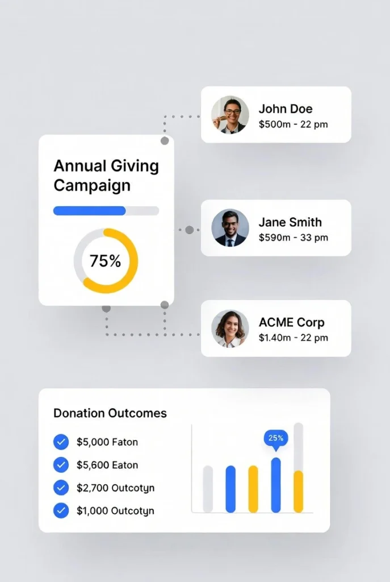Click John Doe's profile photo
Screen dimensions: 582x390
click(230, 114)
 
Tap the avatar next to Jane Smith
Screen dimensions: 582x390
click(230, 228)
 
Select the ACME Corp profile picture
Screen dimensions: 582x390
click(230, 329)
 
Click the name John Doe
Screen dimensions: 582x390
click(286, 109)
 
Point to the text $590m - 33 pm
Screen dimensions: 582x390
click(293, 238)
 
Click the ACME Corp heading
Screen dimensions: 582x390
click(291, 322)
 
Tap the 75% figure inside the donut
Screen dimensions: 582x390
click(106, 261)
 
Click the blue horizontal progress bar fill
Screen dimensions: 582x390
click(89, 211)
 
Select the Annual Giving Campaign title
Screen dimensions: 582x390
click(106, 176)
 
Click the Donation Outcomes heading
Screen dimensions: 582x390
click(110, 413)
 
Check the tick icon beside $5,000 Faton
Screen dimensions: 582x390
click(61, 442)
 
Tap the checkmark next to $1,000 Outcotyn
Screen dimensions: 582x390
click(61, 510)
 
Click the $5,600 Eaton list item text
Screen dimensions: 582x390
click(107, 465)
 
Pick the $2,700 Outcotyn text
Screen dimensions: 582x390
click(115, 488)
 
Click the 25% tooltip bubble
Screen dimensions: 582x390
click(276, 438)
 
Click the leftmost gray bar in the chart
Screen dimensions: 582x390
click(208, 489)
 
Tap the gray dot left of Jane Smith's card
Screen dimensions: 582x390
click(189, 230)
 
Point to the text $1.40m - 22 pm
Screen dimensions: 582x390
click(293, 338)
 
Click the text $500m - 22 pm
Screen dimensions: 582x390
click(293, 124)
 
